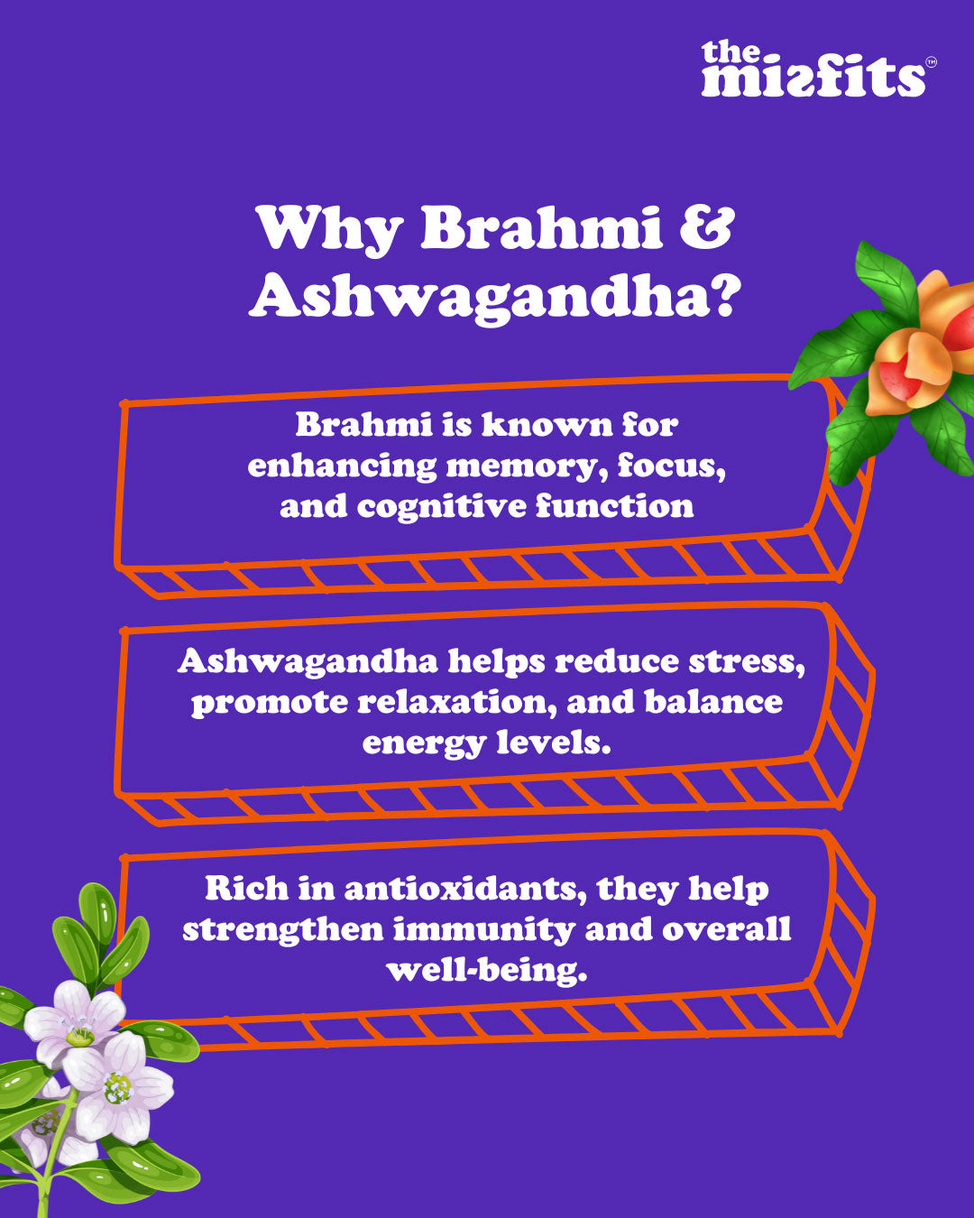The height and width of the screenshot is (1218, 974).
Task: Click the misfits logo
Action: coord(813,69)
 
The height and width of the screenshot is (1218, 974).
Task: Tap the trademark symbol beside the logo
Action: coord(931,62)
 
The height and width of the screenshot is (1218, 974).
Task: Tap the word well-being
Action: coord(487,971)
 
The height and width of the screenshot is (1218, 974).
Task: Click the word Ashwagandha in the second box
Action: coord(308,661)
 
